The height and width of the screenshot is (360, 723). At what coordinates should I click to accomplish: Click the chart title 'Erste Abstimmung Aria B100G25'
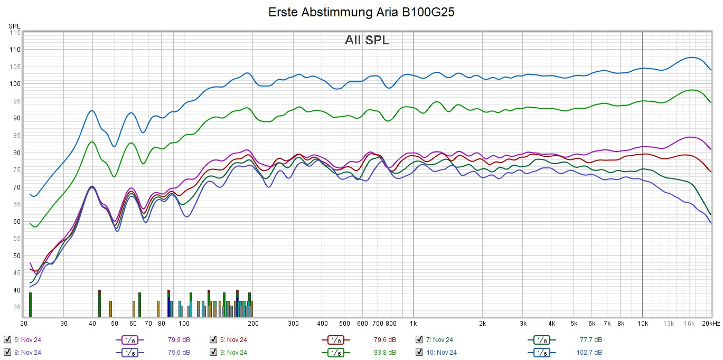click(x=361, y=12)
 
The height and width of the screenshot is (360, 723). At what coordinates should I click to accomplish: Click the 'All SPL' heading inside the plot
click(x=367, y=40)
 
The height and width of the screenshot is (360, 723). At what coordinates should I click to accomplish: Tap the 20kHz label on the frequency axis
click(x=710, y=323)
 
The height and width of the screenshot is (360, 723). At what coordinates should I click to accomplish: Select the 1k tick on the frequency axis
click(x=413, y=323)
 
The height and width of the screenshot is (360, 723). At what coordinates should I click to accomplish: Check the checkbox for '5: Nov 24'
click(x=7, y=339)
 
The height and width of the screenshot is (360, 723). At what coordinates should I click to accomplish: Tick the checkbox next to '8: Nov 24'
click(x=7, y=352)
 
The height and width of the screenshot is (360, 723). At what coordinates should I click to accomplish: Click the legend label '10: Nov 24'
click(x=442, y=352)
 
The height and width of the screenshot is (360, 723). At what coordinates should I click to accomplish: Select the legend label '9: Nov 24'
click(x=233, y=352)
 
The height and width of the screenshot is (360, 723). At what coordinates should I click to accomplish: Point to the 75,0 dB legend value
click(x=179, y=352)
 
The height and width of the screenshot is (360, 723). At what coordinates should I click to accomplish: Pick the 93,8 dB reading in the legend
click(x=384, y=352)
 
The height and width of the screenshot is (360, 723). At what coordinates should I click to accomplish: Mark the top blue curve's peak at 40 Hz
click(x=92, y=110)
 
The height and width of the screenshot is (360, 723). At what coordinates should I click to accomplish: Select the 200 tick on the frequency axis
click(x=253, y=323)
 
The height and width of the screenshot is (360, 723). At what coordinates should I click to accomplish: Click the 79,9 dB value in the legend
click(x=179, y=339)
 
